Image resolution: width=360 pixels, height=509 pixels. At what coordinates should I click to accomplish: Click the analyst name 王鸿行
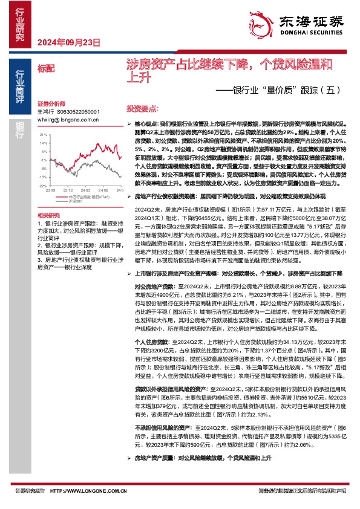coord(45,112)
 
